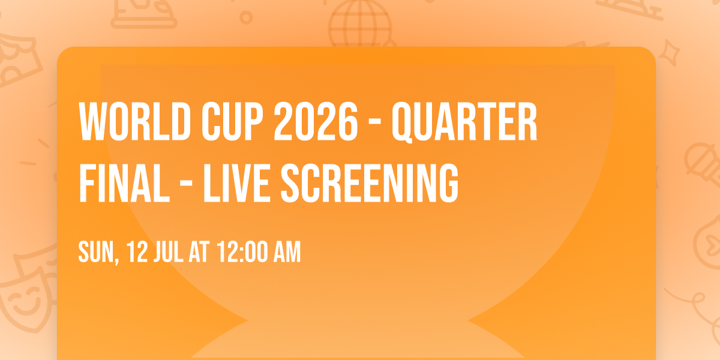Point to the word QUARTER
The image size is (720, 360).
pyautogui.click(x=464, y=122)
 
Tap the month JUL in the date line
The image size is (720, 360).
pyautogui.click(x=170, y=253)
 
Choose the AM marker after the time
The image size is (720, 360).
pyautogui.click(x=287, y=253)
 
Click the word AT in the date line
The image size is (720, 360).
pyautogui.click(x=200, y=253)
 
